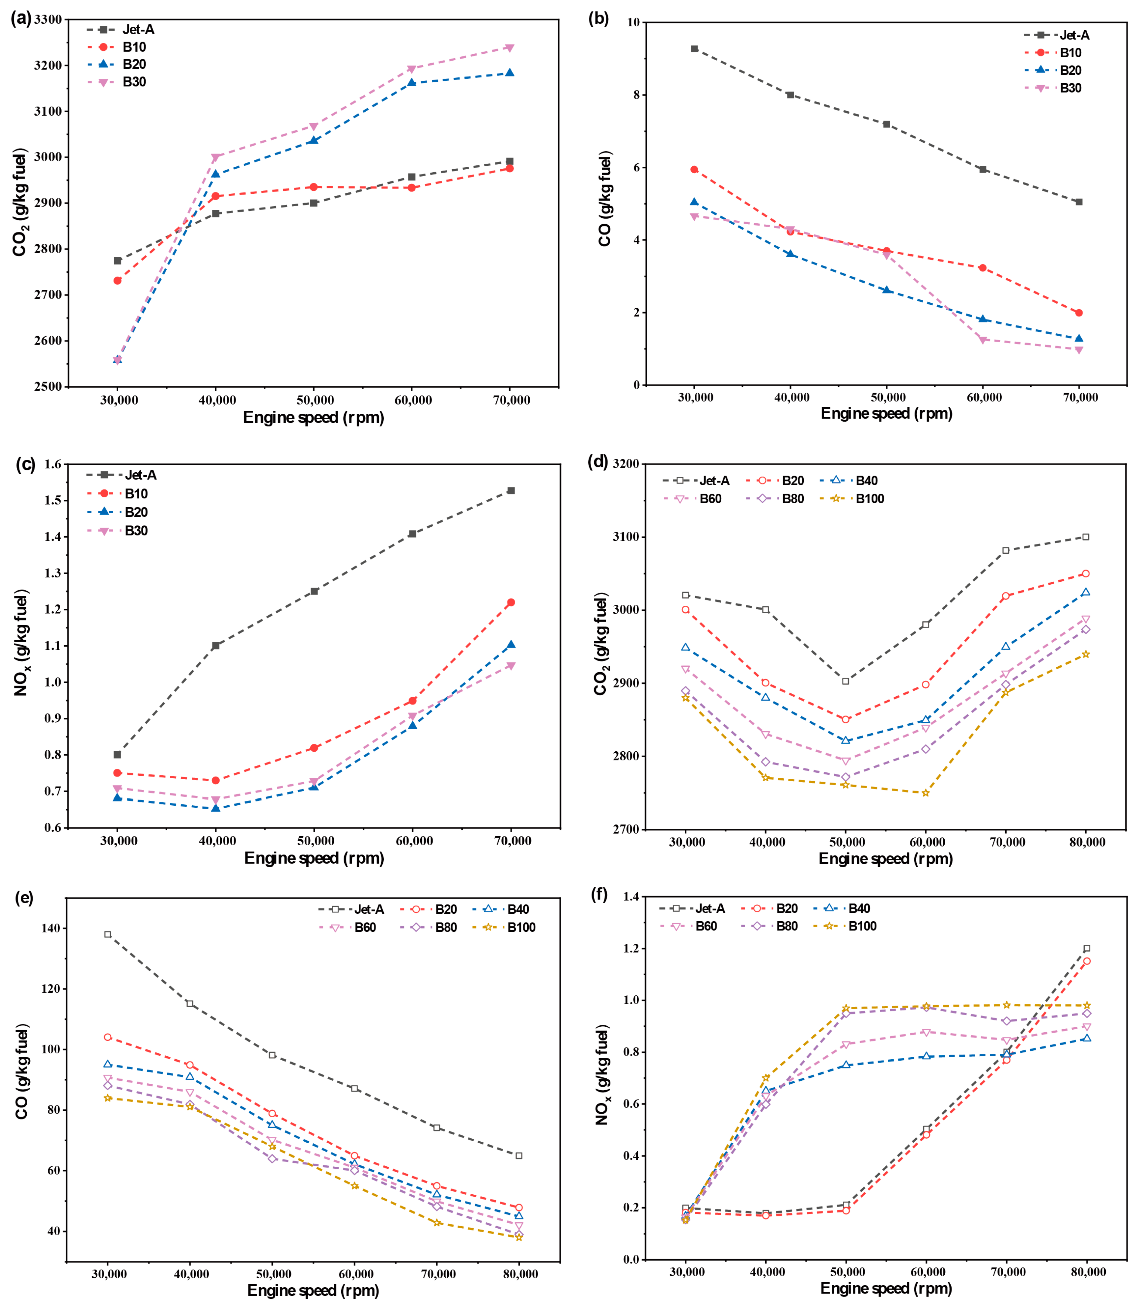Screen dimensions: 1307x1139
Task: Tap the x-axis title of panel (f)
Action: point(886,1289)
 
